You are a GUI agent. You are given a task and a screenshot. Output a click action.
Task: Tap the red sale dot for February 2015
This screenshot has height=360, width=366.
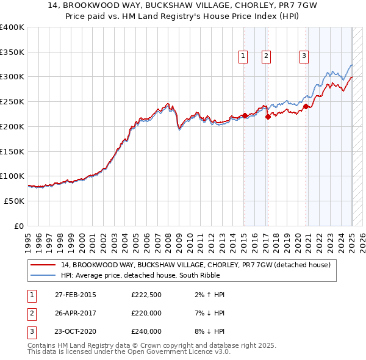tap(245, 115)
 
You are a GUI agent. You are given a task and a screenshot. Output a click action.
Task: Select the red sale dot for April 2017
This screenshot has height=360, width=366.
tap(268, 117)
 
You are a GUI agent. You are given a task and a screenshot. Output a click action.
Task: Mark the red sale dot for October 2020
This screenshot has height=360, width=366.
tap(306, 107)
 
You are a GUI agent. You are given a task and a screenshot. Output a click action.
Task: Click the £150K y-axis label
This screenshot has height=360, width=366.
tap(12, 151)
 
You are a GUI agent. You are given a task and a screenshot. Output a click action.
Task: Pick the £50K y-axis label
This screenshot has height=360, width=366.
tap(15, 201)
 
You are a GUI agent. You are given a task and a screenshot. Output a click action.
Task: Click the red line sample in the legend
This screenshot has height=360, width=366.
tap(43, 265)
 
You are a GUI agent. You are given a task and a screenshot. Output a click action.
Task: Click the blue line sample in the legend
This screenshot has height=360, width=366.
tap(43, 275)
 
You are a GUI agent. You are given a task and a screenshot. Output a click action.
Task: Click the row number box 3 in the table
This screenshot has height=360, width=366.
tap(31, 331)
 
